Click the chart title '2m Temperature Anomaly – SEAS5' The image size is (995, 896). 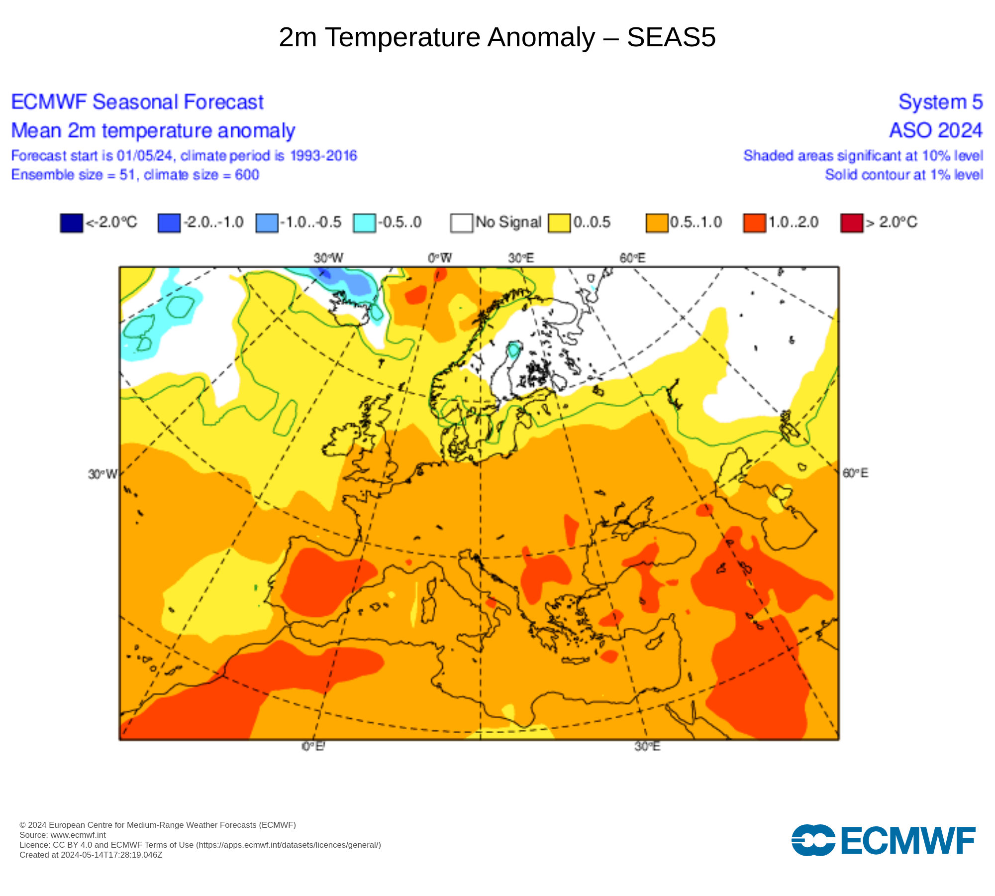pos(497,37)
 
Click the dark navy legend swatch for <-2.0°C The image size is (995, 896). pos(71,223)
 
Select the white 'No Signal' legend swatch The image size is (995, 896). pos(461,223)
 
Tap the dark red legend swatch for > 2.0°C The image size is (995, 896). pos(851,223)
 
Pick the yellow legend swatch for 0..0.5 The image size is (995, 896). pos(559,223)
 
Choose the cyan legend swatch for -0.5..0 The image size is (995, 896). pos(364,223)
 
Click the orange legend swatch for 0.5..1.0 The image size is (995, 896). pos(657,223)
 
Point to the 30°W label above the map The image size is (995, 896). pos(328,258)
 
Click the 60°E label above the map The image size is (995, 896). pos(632,258)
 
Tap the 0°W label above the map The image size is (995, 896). pos(440,258)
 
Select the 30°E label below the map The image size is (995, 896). pos(647,747)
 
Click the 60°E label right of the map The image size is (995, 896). pos(855,473)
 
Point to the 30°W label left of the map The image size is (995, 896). pos(102,474)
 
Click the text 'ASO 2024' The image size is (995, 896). pos(936,130)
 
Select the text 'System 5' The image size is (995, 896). pos(940,102)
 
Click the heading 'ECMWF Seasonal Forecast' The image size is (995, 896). pos(137,102)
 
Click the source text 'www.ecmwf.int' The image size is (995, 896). pos(78,835)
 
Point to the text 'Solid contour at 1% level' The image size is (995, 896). pos(904,175)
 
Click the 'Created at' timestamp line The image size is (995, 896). pos(91,855)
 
